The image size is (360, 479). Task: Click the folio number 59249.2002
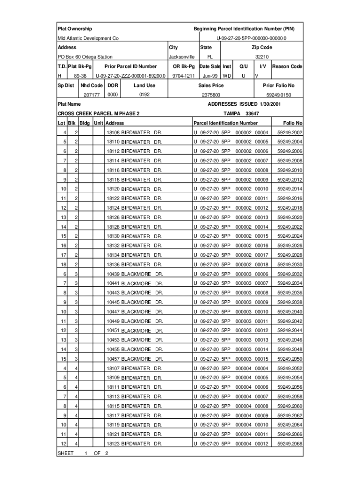290,133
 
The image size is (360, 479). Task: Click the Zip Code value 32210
262,57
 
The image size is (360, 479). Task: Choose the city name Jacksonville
181,57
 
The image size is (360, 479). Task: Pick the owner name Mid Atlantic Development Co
88,38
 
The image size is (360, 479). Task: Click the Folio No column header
293,123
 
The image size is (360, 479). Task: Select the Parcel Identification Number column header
225,123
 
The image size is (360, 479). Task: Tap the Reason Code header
287,66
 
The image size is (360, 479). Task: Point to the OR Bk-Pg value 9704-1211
183,76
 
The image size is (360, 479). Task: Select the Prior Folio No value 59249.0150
279,95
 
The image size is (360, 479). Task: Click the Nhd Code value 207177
92,95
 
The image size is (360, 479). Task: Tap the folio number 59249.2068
290,443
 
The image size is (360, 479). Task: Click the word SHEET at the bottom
66,453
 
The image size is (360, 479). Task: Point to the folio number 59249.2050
290,359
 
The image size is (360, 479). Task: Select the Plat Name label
69,104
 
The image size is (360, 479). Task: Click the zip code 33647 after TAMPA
252,114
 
